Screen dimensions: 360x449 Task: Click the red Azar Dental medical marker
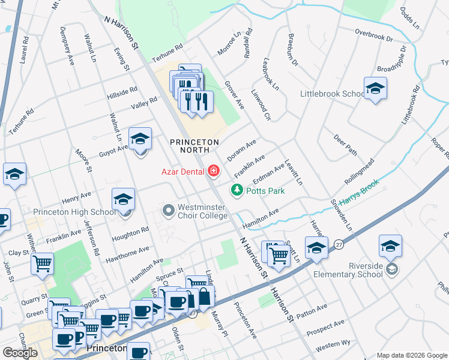point(212,172)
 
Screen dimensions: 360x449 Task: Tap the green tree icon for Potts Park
point(237,191)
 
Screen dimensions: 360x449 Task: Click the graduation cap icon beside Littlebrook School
point(375,89)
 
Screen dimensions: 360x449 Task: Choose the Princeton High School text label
point(66,212)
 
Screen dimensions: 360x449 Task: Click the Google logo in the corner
point(20,352)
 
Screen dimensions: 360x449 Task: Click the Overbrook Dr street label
point(373,34)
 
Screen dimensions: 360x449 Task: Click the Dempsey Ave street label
point(67,44)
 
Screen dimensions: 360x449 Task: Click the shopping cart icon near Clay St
point(43,263)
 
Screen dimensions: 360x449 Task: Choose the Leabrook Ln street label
point(270,74)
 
